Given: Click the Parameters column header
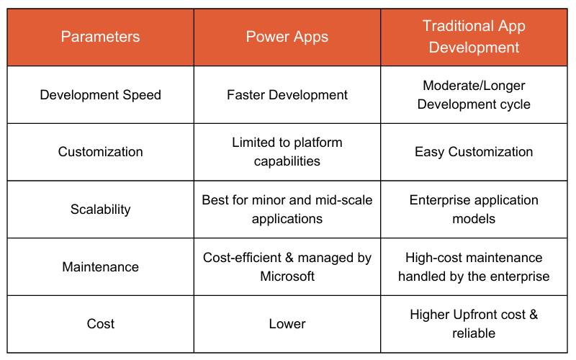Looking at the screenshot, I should [x=100, y=37].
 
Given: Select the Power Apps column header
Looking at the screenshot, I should [x=287, y=37].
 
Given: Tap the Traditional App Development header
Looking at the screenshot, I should [x=474, y=37].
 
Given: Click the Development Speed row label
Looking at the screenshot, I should [x=100, y=94].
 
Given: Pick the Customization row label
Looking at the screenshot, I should [x=100, y=152].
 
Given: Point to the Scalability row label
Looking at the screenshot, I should [x=100, y=210].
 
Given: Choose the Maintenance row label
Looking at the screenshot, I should [x=100, y=267].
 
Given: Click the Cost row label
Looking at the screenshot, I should [x=100, y=324].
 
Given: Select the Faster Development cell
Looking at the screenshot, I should [x=287, y=94].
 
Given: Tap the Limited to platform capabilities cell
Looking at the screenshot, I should [x=287, y=152].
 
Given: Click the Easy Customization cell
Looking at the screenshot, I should [x=474, y=152].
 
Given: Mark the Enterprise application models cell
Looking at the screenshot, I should [x=474, y=210].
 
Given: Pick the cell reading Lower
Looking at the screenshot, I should [x=287, y=324].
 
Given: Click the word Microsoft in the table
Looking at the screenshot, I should [x=287, y=276].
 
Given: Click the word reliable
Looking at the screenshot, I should [x=474, y=333].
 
